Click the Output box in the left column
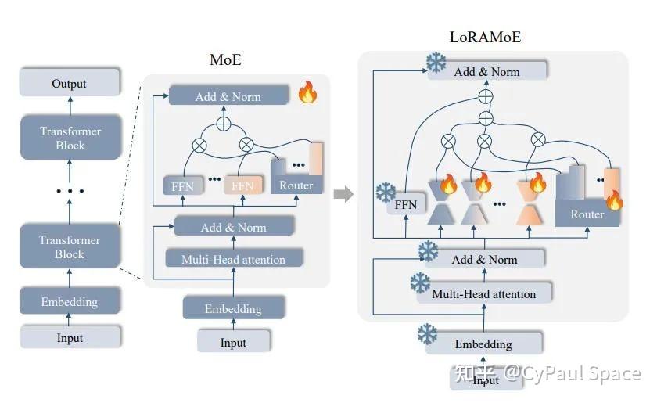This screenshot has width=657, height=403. (x=70, y=83)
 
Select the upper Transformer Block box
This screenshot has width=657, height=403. (x=70, y=139)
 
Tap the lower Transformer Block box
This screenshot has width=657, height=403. (x=70, y=246)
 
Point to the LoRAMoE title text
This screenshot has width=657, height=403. (x=485, y=37)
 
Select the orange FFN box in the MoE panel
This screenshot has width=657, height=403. (x=242, y=185)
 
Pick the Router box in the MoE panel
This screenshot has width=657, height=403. (x=296, y=185)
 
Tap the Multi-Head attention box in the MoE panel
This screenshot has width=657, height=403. (x=233, y=259)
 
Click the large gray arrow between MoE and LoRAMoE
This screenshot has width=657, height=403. (x=343, y=194)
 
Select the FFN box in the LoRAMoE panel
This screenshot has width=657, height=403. (x=405, y=205)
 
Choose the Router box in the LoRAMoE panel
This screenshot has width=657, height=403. (x=587, y=214)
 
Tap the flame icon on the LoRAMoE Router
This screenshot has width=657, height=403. (x=614, y=200)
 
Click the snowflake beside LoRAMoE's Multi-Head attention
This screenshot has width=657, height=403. (x=421, y=283)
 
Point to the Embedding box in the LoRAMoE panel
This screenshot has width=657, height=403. (x=483, y=344)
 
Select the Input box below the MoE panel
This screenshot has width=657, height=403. (x=233, y=343)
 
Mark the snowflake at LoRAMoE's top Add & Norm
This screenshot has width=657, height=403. (x=436, y=63)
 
